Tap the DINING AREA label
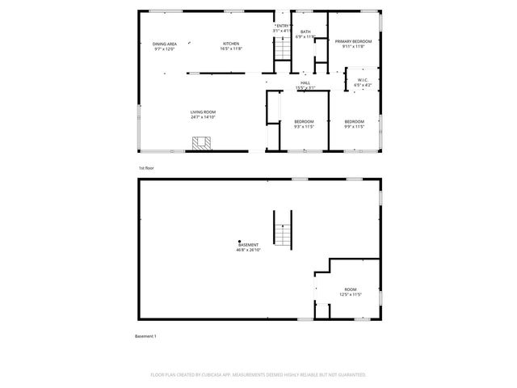(165, 44)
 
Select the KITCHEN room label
(232, 44)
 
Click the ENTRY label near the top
(282, 26)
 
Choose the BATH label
(305, 32)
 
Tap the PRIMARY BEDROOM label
(354, 41)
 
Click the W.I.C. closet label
(363, 79)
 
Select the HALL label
(305, 82)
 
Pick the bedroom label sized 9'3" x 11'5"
(303, 121)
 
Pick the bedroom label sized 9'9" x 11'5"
(355, 121)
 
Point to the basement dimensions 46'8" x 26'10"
(247, 250)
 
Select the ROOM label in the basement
(350, 289)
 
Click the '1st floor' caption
(146, 167)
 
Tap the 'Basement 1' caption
(145, 335)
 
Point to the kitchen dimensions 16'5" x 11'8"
(232, 49)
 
